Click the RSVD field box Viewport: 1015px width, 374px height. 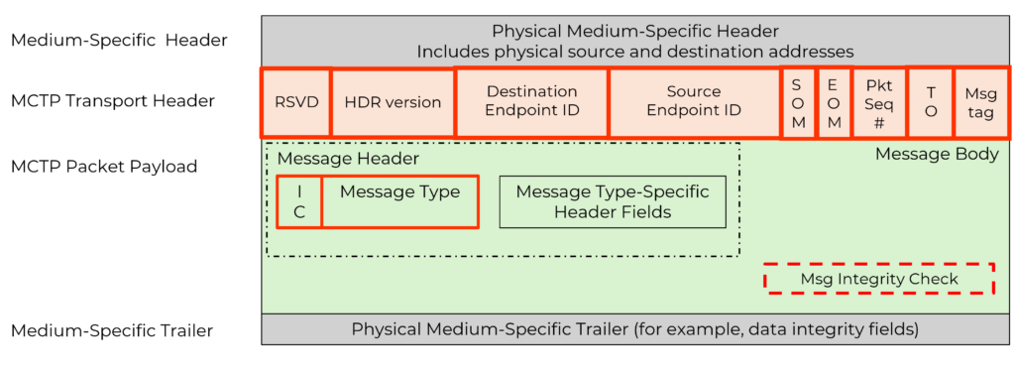click(295, 102)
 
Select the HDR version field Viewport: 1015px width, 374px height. click(393, 102)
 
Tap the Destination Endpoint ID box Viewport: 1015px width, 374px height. click(531, 101)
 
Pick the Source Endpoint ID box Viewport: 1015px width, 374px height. click(693, 101)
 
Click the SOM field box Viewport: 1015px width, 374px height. click(798, 103)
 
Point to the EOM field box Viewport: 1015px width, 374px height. click(834, 103)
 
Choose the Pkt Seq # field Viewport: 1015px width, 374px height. click(878, 103)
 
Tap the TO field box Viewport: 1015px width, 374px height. click(930, 103)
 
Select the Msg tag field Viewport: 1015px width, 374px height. click(980, 103)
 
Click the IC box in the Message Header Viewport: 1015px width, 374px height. click(298, 201)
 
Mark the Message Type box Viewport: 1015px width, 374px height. click(399, 201)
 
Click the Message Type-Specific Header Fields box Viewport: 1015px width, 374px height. click(613, 201)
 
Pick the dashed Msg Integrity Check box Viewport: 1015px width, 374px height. click(878, 279)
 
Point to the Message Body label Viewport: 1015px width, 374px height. click(937, 155)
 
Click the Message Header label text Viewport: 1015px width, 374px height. click(348, 159)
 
